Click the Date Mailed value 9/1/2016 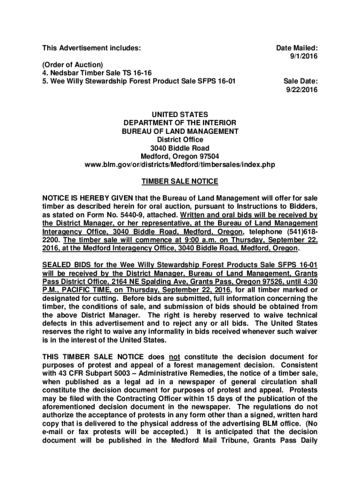304,56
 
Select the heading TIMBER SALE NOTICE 180,181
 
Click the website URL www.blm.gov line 180,165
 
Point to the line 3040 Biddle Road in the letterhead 180,148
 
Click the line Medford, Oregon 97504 180,156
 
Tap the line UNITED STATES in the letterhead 180,114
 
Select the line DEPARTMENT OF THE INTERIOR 180,123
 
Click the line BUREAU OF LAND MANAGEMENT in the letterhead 180,131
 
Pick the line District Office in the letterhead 180,139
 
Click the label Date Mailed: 297,48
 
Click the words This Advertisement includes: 92,48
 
